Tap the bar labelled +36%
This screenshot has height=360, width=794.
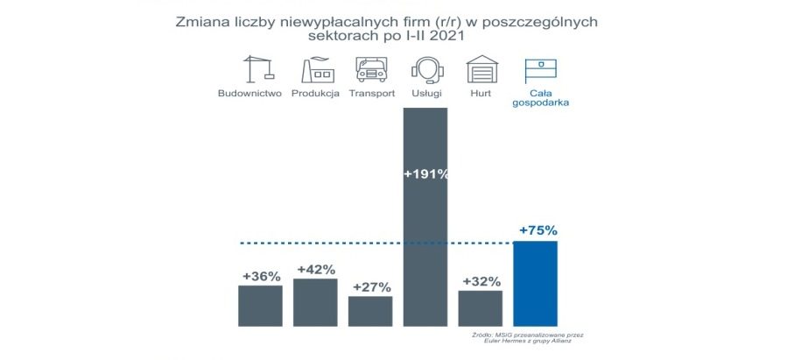[260, 305]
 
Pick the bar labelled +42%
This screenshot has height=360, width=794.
[315, 301]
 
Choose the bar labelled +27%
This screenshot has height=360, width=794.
[370, 310]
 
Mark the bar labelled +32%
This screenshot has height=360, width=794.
[480, 307]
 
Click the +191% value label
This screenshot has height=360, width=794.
[425, 173]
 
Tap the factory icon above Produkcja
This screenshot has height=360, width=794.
[319, 70]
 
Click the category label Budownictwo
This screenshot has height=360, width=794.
[249, 93]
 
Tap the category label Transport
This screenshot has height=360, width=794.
[372, 93]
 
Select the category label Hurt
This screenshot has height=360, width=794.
[480, 93]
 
